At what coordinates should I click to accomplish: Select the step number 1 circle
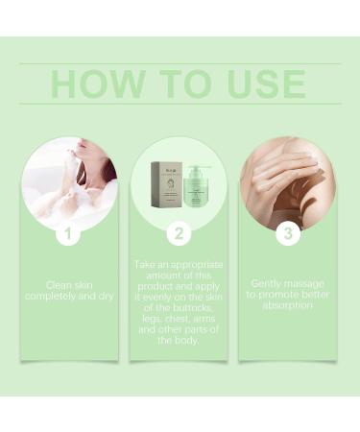point(67,232)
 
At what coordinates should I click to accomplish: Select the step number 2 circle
point(180,232)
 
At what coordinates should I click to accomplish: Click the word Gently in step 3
point(269,284)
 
